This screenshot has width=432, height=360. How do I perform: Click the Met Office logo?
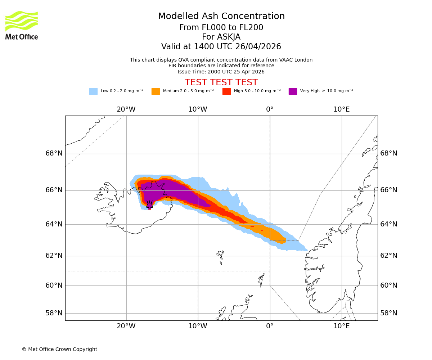pos(22,25)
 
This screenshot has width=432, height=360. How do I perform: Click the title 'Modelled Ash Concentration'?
pos(221,17)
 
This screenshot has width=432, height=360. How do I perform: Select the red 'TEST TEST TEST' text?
pos(221,82)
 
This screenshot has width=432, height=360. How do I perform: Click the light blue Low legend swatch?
pos(93,91)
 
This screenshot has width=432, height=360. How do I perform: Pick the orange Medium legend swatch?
pos(156,91)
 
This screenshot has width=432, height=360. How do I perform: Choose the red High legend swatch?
pos(226,91)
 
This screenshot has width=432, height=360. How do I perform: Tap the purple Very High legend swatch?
pos(293,91)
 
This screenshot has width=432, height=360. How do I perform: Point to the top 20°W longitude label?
pos(126,109)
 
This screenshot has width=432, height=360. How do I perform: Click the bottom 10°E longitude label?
pos(341,326)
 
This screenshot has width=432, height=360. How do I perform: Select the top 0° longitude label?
pos(270,109)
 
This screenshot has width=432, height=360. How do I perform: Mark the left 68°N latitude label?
pos(54,153)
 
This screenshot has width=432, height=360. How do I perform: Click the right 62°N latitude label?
pos(389,256)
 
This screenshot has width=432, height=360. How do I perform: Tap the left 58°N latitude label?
pos(54,313)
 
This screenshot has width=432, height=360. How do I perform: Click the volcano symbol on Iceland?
pos(149,204)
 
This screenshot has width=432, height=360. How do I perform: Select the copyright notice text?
pos(59,350)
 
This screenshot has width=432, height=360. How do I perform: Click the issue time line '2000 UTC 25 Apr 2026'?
pos(221,72)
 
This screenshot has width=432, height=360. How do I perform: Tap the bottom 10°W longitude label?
pos(198,326)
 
